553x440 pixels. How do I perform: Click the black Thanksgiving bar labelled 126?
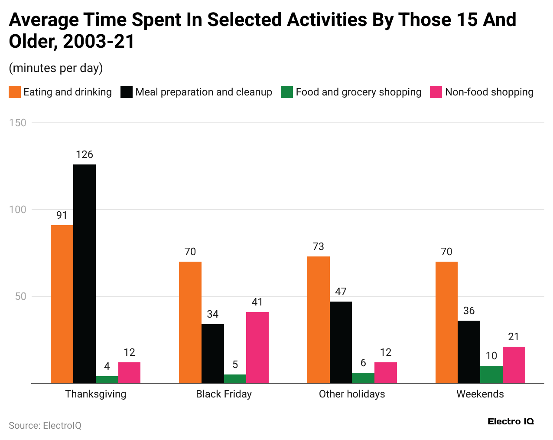(85, 273)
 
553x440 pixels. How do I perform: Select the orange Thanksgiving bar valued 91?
(62, 304)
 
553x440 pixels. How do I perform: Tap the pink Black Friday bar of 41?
(257, 347)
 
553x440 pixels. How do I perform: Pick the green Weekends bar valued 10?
(491, 374)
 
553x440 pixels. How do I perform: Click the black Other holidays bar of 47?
(341, 342)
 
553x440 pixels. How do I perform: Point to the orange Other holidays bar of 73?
(318, 319)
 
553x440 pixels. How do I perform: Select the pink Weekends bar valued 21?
(514, 364)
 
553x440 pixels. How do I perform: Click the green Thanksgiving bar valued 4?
(107, 379)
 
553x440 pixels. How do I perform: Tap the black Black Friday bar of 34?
(212, 353)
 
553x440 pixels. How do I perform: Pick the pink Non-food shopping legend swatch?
(436, 92)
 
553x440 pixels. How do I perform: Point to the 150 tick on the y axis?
(18, 123)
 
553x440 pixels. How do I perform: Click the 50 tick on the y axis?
(21, 296)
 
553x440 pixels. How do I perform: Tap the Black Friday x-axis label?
(224, 394)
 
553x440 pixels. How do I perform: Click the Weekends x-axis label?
(480, 394)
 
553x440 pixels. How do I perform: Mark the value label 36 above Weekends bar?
(469, 311)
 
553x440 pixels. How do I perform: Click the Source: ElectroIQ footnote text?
(45, 425)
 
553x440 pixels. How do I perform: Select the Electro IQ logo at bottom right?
(511, 421)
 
